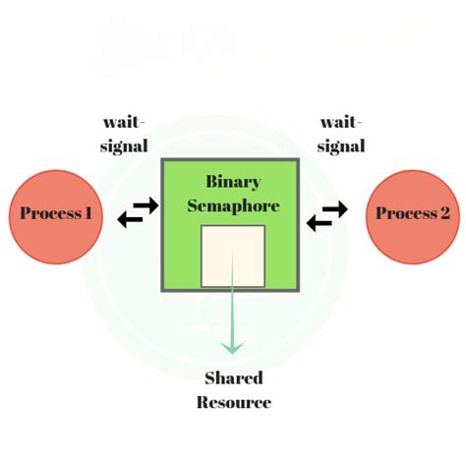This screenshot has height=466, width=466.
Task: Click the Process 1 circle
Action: [56, 216]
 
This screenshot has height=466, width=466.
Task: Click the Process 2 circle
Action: [413, 216]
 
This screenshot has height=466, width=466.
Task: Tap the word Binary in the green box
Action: [233, 182]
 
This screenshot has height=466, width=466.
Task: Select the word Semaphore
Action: [233, 206]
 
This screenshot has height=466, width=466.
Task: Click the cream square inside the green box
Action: [233, 256]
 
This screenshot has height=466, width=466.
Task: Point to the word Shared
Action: [234, 379]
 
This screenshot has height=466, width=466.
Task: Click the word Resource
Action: [234, 402]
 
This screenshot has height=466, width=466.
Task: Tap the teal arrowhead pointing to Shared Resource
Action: [232, 348]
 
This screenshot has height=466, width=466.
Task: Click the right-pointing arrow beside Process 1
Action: [146, 205]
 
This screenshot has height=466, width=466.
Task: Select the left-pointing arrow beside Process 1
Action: [130, 219]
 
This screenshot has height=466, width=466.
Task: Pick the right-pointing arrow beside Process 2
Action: [335, 209]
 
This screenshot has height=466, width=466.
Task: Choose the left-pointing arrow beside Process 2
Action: [320, 223]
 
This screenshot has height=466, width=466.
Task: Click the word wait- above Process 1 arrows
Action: [124, 123]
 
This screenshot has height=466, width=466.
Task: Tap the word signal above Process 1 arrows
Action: [124, 146]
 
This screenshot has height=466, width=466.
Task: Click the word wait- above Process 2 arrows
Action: [341, 123]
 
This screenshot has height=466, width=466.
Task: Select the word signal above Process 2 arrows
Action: [341, 146]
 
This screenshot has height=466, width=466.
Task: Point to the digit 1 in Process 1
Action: [87, 213]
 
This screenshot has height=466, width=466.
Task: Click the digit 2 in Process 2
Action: [444, 213]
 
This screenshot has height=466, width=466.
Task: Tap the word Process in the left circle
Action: [50, 213]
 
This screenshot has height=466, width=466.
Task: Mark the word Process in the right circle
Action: [406, 213]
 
